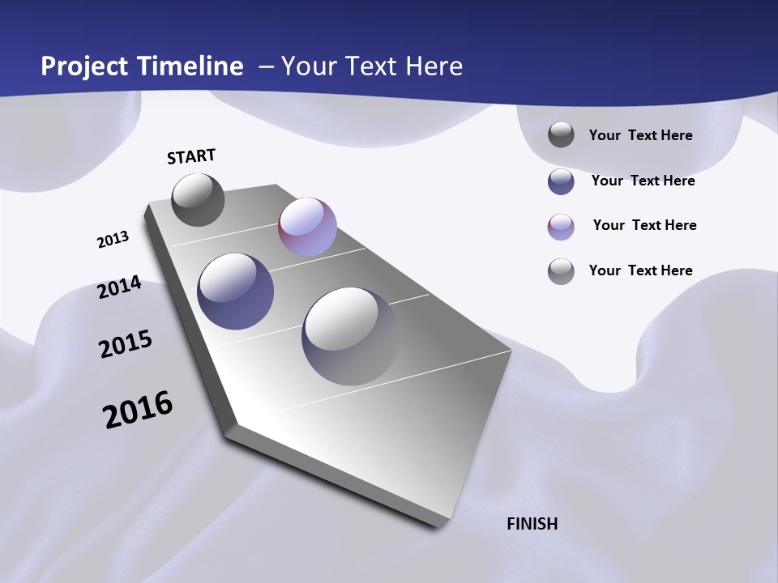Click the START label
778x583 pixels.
pos(191,156)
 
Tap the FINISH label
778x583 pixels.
pos(532,524)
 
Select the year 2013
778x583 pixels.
pos(113,240)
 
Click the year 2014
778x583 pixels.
pos(119,287)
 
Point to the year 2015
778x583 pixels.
pos(125,344)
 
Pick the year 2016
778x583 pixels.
pos(138,410)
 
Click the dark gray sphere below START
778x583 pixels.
pos(198,199)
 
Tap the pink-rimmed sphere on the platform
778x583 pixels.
pos(307,227)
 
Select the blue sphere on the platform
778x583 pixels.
pos(235,291)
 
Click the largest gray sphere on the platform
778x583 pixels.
pos(350,335)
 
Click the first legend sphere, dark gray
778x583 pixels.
pos(561,135)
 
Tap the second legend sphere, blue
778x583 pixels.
pos(561,181)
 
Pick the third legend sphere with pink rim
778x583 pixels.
pos(561,227)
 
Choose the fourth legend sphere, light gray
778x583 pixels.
pos(561,271)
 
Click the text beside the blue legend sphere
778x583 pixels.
pos(643,181)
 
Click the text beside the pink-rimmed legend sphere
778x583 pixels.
pos(644,225)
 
